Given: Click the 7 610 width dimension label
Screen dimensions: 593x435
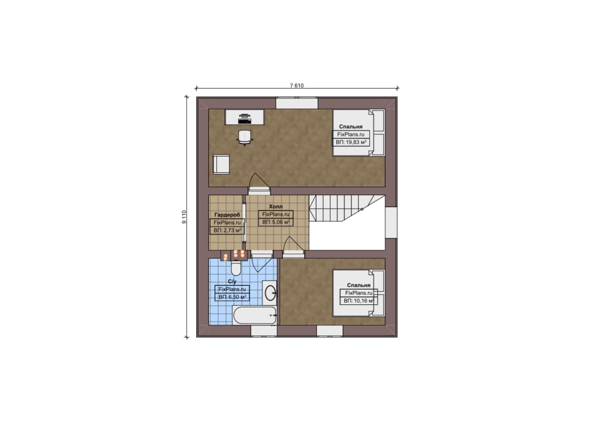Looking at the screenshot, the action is coord(297,86).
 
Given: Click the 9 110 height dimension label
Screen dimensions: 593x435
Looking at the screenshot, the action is coord(184,217).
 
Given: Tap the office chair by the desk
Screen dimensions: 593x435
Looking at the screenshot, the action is coord(244,138).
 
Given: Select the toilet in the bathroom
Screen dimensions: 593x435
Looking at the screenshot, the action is coord(236,268).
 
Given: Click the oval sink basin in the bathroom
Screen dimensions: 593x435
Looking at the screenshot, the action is coord(270,293).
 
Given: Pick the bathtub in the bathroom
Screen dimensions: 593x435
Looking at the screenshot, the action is coord(255,315).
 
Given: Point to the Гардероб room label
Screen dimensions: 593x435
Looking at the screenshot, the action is coord(227,214).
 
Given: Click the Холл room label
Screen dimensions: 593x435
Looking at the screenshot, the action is coord(276,206).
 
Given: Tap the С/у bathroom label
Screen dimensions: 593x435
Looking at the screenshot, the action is coord(232,282).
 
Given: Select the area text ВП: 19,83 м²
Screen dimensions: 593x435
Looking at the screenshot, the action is coord(351,142).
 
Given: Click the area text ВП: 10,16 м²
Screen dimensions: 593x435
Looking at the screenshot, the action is coord(359,301).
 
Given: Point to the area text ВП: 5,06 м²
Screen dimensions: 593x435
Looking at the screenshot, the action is coord(276,222).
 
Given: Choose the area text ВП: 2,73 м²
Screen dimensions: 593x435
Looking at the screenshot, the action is coord(227,230).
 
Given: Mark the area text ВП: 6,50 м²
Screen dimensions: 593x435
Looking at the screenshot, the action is coord(233,297).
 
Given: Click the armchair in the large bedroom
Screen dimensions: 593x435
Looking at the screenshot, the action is coord(221,164).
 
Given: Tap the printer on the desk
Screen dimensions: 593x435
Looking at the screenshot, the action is coord(244,119).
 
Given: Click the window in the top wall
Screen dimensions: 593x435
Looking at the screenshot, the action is coord(297,103).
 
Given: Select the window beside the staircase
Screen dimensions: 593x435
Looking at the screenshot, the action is coord(391,222).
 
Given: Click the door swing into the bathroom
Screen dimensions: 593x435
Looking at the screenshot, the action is coord(261,264).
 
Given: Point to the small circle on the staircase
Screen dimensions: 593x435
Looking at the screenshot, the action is coord(362,209).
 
